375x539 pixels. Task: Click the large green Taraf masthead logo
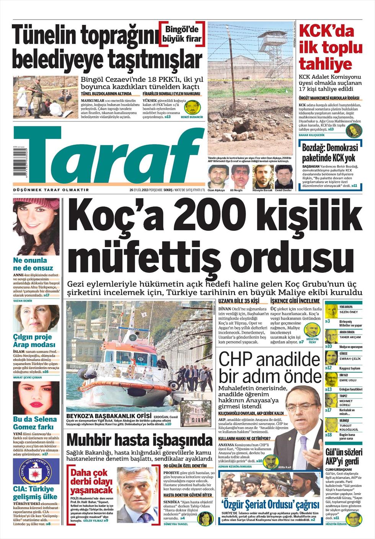click(x=107, y=157)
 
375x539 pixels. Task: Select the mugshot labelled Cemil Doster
click(x=284, y=176)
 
